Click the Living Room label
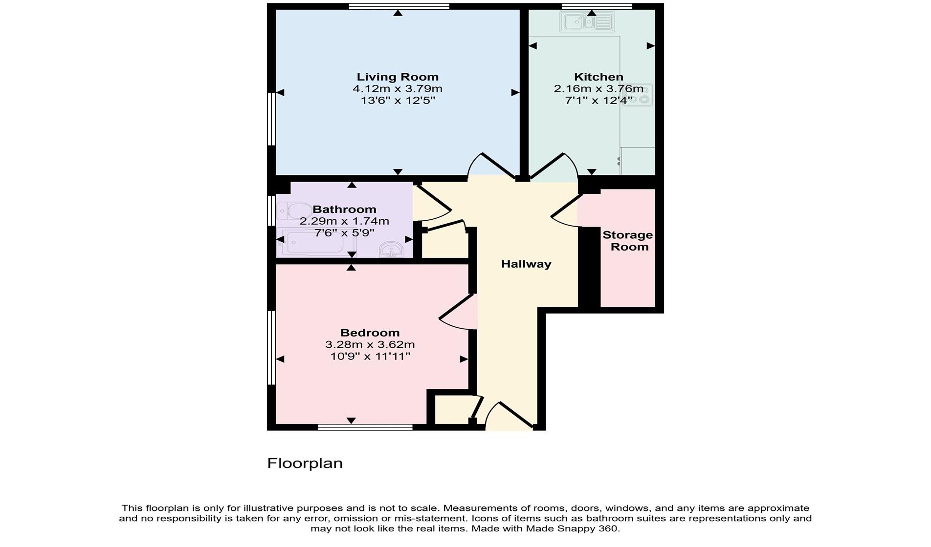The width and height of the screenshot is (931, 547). [x=397, y=77]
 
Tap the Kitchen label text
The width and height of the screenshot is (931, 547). [x=598, y=77]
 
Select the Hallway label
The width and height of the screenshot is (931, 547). [x=526, y=264]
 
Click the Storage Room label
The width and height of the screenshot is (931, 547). [x=628, y=241]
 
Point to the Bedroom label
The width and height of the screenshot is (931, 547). [x=370, y=333]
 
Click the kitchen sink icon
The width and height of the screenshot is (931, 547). [x=587, y=22]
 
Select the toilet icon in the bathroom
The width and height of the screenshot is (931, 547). [x=293, y=211]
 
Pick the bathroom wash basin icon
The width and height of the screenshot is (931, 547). [x=391, y=249]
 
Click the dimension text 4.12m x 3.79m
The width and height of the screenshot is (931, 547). [x=397, y=89]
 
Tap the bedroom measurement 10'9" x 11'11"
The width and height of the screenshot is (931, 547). [x=370, y=357]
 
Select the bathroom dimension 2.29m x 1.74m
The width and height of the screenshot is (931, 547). [x=344, y=221]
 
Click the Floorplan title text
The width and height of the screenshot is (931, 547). [x=305, y=463]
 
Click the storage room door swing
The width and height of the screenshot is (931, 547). [x=566, y=211]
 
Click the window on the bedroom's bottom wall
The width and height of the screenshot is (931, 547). [x=365, y=427]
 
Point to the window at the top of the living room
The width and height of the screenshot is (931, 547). [x=399, y=6]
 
